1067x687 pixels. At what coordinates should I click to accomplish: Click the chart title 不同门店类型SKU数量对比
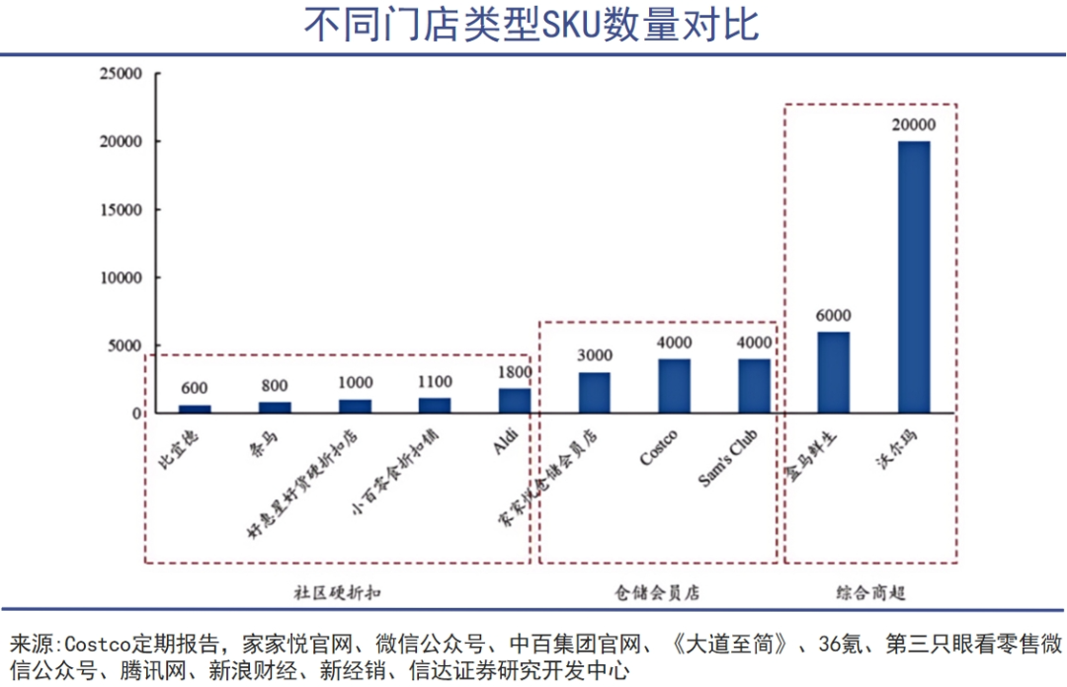click(533, 26)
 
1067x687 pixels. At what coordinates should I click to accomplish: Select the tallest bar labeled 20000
click(913, 276)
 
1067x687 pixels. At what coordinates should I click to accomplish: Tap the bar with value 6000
click(833, 372)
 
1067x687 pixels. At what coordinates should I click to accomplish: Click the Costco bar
click(675, 386)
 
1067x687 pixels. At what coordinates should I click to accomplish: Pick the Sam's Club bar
click(754, 386)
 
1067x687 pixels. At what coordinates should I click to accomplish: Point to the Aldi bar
click(514, 401)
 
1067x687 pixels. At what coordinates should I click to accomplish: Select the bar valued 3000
click(595, 393)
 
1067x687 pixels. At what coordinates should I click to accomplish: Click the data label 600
click(195, 387)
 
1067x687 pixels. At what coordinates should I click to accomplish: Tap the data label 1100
click(435, 381)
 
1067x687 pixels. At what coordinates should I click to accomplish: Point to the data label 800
click(275, 386)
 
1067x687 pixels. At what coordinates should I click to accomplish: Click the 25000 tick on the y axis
click(121, 74)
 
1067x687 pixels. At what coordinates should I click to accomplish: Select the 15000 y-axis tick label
click(121, 210)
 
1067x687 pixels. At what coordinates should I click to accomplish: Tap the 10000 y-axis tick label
click(121, 278)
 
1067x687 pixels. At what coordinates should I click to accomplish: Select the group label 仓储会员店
click(657, 593)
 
